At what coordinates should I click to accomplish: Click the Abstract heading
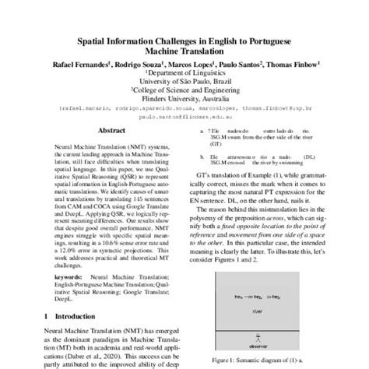(93, 154)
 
